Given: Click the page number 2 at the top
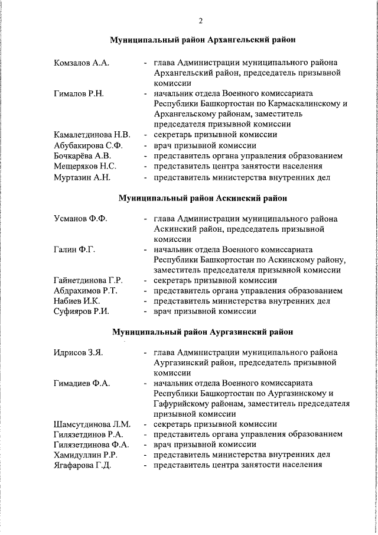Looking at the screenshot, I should pos(201,21).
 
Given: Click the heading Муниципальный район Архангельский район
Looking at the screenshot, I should pos(203,40).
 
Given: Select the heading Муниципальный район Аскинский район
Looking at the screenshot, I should pos(203,197).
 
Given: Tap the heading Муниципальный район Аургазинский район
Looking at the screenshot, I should pos(203,333).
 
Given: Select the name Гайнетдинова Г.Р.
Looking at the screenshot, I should pos(88,280).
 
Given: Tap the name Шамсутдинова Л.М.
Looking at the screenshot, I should pos(92,424).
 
